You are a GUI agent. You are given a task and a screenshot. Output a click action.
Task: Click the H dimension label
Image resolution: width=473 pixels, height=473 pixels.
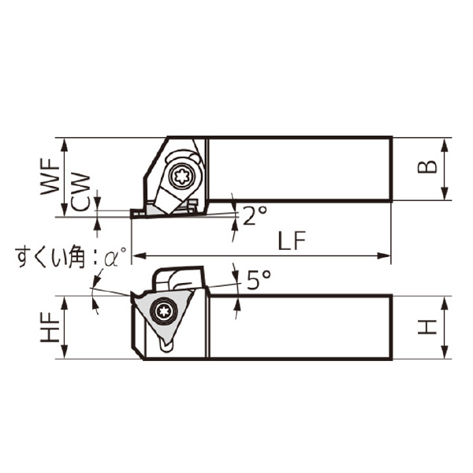click(x=427, y=326)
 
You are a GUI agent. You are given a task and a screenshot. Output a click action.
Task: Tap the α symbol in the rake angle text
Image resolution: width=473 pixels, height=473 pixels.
click(x=117, y=257)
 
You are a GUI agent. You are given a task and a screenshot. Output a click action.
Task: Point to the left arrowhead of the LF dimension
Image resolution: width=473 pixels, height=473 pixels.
click(x=136, y=255)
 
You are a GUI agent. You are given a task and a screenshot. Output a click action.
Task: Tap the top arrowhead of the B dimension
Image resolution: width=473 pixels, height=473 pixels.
click(x=447, y=143)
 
